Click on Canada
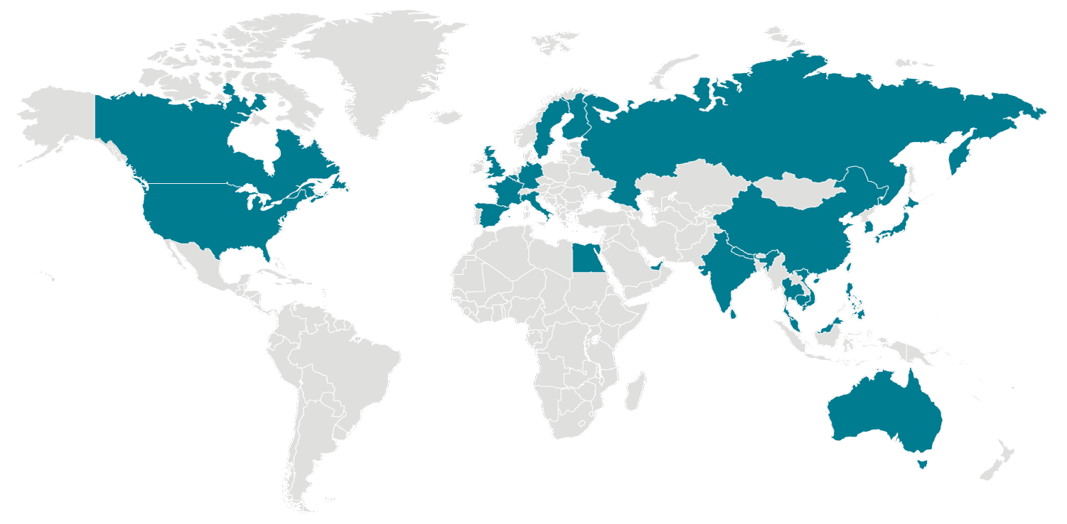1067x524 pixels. pyautogui.click(x=178, y=142)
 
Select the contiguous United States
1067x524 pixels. pyautogui.click(x=206, y=213)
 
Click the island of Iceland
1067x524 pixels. pyautogui.click(x=446, y=116)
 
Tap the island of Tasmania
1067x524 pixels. pyautogui.click(x=922, y=464)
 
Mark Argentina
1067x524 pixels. pyautogui.click(x=306, y=454)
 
